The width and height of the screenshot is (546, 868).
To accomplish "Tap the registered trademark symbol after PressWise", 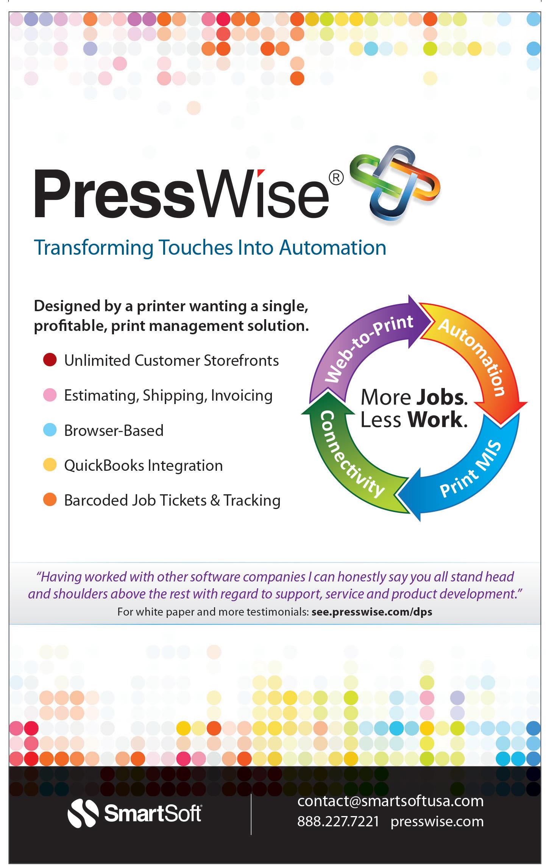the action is [336, 178].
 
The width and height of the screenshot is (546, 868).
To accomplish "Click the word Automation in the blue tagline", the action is [332, 248].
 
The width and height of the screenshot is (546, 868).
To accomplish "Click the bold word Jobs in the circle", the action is [441, 397].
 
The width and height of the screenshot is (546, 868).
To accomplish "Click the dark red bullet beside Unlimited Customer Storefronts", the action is [50, 360].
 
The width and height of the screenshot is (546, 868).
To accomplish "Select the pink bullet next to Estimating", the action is [50, 395].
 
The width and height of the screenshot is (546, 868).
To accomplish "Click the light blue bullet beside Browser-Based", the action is [50, 430].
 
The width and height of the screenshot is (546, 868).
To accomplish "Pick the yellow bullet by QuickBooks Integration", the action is [50, 465].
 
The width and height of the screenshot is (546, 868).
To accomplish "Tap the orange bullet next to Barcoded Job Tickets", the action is [50, 500].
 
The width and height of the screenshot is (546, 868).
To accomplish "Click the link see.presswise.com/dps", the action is [372, 612].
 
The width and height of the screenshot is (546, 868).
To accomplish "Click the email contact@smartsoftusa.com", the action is [390, 801].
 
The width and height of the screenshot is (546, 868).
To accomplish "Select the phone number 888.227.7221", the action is [338, 821].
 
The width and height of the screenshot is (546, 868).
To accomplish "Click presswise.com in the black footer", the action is [437, 821].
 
